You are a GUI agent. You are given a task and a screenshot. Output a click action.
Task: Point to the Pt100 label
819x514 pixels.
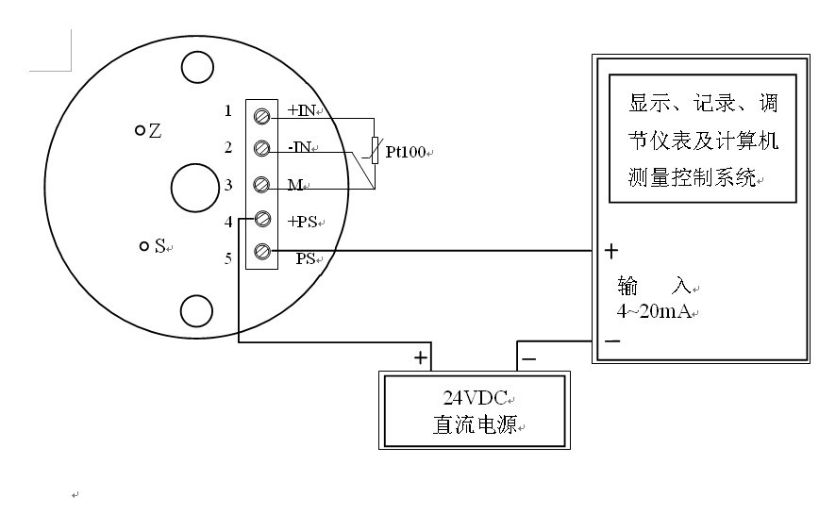pos(407,151)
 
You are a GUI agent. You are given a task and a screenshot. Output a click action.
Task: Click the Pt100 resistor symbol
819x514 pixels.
pos(375,150)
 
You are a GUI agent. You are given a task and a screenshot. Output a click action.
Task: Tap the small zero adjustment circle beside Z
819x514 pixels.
pos(140,130)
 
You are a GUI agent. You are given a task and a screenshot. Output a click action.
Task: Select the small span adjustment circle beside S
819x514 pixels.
pos(143,246)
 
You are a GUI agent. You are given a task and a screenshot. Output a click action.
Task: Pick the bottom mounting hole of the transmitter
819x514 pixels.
pos(196,309)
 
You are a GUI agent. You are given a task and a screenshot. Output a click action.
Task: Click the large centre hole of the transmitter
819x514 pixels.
pos(194,186)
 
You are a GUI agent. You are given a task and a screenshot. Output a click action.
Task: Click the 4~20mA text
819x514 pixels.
pos(654,311)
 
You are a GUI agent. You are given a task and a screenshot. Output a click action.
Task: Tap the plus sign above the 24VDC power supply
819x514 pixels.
pos(420,358)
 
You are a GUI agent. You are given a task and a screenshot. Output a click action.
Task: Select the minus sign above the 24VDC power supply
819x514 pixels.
pos(528,358)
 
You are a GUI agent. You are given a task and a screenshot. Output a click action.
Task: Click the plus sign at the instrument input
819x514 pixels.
pos(611,251)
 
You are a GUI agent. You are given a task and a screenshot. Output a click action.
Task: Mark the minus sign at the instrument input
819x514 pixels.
pos(611,340)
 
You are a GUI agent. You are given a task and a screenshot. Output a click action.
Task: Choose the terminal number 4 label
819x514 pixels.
pos(227,223)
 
